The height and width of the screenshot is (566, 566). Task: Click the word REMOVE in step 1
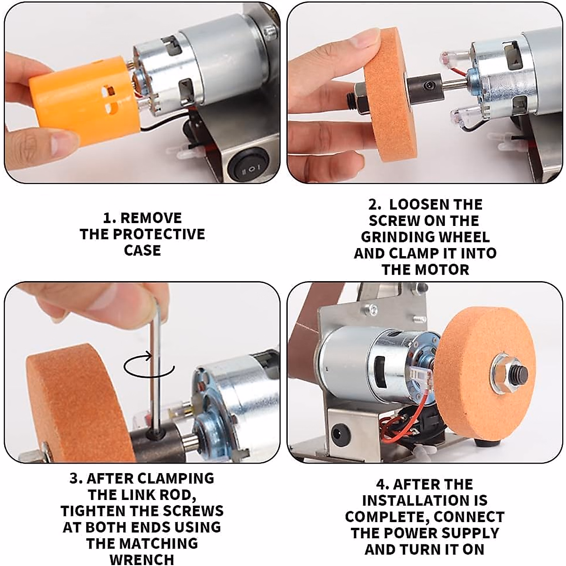pos(151,218)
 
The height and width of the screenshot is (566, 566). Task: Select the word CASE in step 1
pos(142,250)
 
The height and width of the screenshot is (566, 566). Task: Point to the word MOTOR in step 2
pos(446,270)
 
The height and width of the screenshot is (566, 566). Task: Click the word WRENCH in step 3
pos(142,559)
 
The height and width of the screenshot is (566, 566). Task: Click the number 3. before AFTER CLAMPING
pos(76,478)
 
